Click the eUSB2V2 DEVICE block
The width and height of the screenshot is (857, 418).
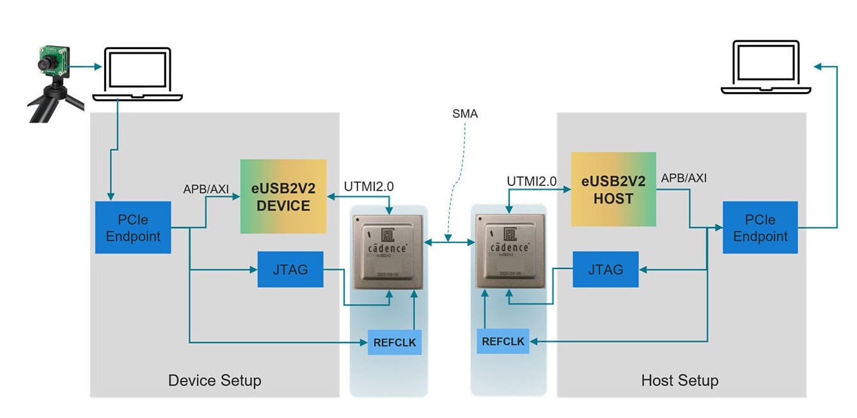tap(283, 196)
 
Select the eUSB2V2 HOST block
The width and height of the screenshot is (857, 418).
tap(613, 189)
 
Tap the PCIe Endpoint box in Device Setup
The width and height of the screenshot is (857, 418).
tap(133, 228)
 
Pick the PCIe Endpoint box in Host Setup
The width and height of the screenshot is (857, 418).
tap(760, 228)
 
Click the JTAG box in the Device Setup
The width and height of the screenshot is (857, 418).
tap(290, 269)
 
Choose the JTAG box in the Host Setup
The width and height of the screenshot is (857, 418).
tap(605, 269)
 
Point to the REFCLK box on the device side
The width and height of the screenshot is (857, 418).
tap(395, 343)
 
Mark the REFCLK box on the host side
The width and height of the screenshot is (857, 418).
tap(503, 341)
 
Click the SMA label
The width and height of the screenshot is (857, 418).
tap(464, 115)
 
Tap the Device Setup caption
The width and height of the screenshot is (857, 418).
tap(214, 381)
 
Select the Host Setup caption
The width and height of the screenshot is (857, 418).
tap(679, 381)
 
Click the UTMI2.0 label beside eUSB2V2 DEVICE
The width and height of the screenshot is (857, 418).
tap(369, 186)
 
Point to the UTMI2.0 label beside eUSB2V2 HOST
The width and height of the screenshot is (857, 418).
tap(531, 181)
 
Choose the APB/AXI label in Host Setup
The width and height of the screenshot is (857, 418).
tap(684, 178)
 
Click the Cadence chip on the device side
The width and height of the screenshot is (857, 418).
tap(389, 251)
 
